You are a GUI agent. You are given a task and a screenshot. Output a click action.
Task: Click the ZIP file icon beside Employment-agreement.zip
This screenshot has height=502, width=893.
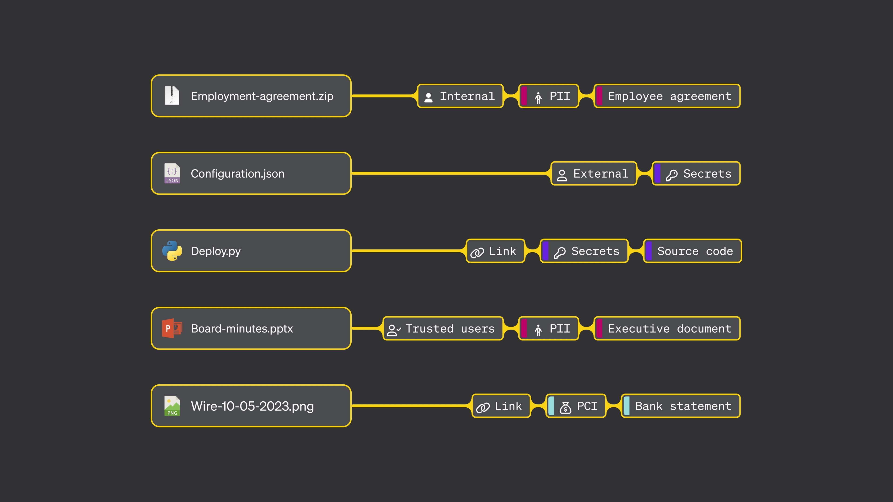click(x=172, y=95)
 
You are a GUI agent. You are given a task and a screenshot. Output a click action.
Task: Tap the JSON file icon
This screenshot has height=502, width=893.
click(x=172, y=173)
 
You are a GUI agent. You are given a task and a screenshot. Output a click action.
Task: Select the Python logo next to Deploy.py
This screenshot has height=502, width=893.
click(x=172, y=251)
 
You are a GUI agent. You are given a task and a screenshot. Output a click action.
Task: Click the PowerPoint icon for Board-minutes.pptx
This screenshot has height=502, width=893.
click(x=172, y=328)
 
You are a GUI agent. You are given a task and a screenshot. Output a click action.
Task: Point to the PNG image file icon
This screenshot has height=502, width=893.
click(x=172, y=406)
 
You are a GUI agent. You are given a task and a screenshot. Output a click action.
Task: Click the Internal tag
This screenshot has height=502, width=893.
click(x=460, y=96)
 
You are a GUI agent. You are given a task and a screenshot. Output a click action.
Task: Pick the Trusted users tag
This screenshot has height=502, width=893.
click(x=443, y=328)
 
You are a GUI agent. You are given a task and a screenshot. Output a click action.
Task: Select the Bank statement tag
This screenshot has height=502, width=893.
click(x=680, y=406)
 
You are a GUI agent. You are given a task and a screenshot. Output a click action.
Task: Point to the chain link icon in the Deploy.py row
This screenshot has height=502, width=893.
click(x=477, y=253)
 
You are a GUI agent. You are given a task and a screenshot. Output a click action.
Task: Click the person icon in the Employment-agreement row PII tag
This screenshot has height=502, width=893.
click(x=538, y=98)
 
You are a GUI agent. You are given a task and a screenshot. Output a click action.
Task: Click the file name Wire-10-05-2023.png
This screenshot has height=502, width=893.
click(x=252, y=406)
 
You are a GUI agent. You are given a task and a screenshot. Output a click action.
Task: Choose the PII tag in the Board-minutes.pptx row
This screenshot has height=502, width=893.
click(x=548, y=328)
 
